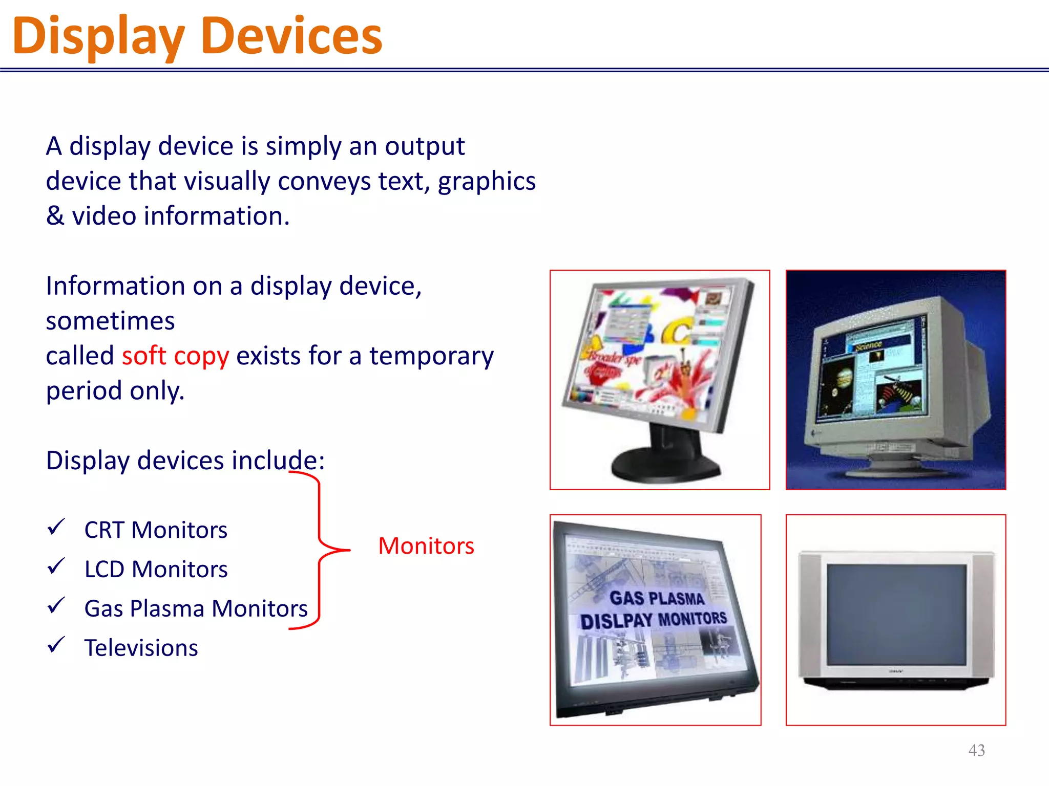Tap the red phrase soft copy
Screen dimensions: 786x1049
pyautogui.click(x=175, y=356)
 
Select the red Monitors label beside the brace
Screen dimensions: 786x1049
pyautogui.click(x=426, y=546)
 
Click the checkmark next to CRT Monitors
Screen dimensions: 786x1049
pyautogui.click(x=56, y=527)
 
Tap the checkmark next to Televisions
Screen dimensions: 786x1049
pyautogui.click(x=56, y=645)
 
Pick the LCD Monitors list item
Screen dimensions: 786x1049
pyautogui.click(x=156, y=570)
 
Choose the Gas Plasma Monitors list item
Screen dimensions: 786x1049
pyautogui.click(x=196, y=609)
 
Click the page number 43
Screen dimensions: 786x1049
pyautogui.click(x=976, y=750)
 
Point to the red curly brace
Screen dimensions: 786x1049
pyautogui.click(x=320, y=550)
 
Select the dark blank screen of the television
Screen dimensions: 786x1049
pyautogui.click(x=896, y=614)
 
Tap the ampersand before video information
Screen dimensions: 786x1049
pyautogui.click(x=55, y=216)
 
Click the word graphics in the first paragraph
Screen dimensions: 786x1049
pyautogui.click(x=487, y=182)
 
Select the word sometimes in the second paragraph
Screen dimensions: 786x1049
pyautogui.click(x=110, y=321)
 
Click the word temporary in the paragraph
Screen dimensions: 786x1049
pyautogui.click(x=431, y=356)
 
